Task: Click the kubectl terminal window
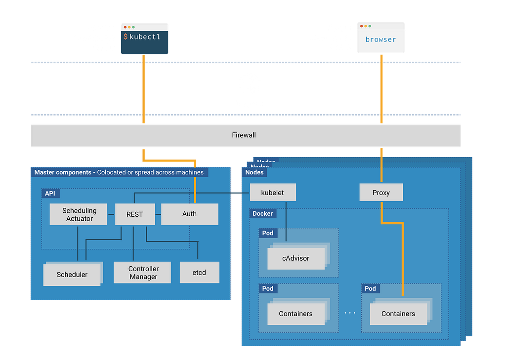tap(144, 39)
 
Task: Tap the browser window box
tap(380, 39)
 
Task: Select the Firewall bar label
tap(244, 135)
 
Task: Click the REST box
tap(134, 214)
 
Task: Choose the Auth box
tap(189, 214)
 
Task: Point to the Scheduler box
tap(72, 275)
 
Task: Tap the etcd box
tap(199, 273)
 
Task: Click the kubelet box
tap(272, 193)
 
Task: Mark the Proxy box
tap(381, 193)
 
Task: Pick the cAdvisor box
tap(295, 258)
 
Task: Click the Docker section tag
tap(262, 214)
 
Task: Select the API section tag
tap(50, 194)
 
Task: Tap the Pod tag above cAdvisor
tap(267, 233)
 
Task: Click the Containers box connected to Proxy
tap(398, 314)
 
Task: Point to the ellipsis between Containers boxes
tap(350, 313)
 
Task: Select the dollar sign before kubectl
tap(126, 37)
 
